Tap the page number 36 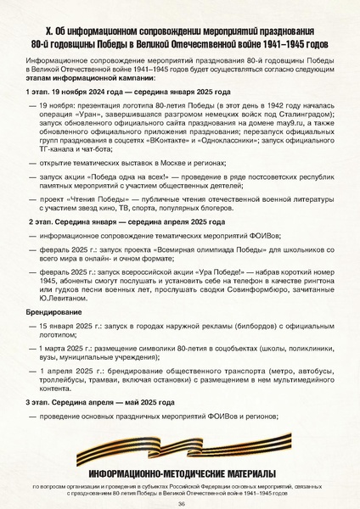click(181, 502)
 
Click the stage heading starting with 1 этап click(111, 89)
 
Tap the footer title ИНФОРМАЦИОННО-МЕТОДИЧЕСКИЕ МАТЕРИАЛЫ click(180, 472)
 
